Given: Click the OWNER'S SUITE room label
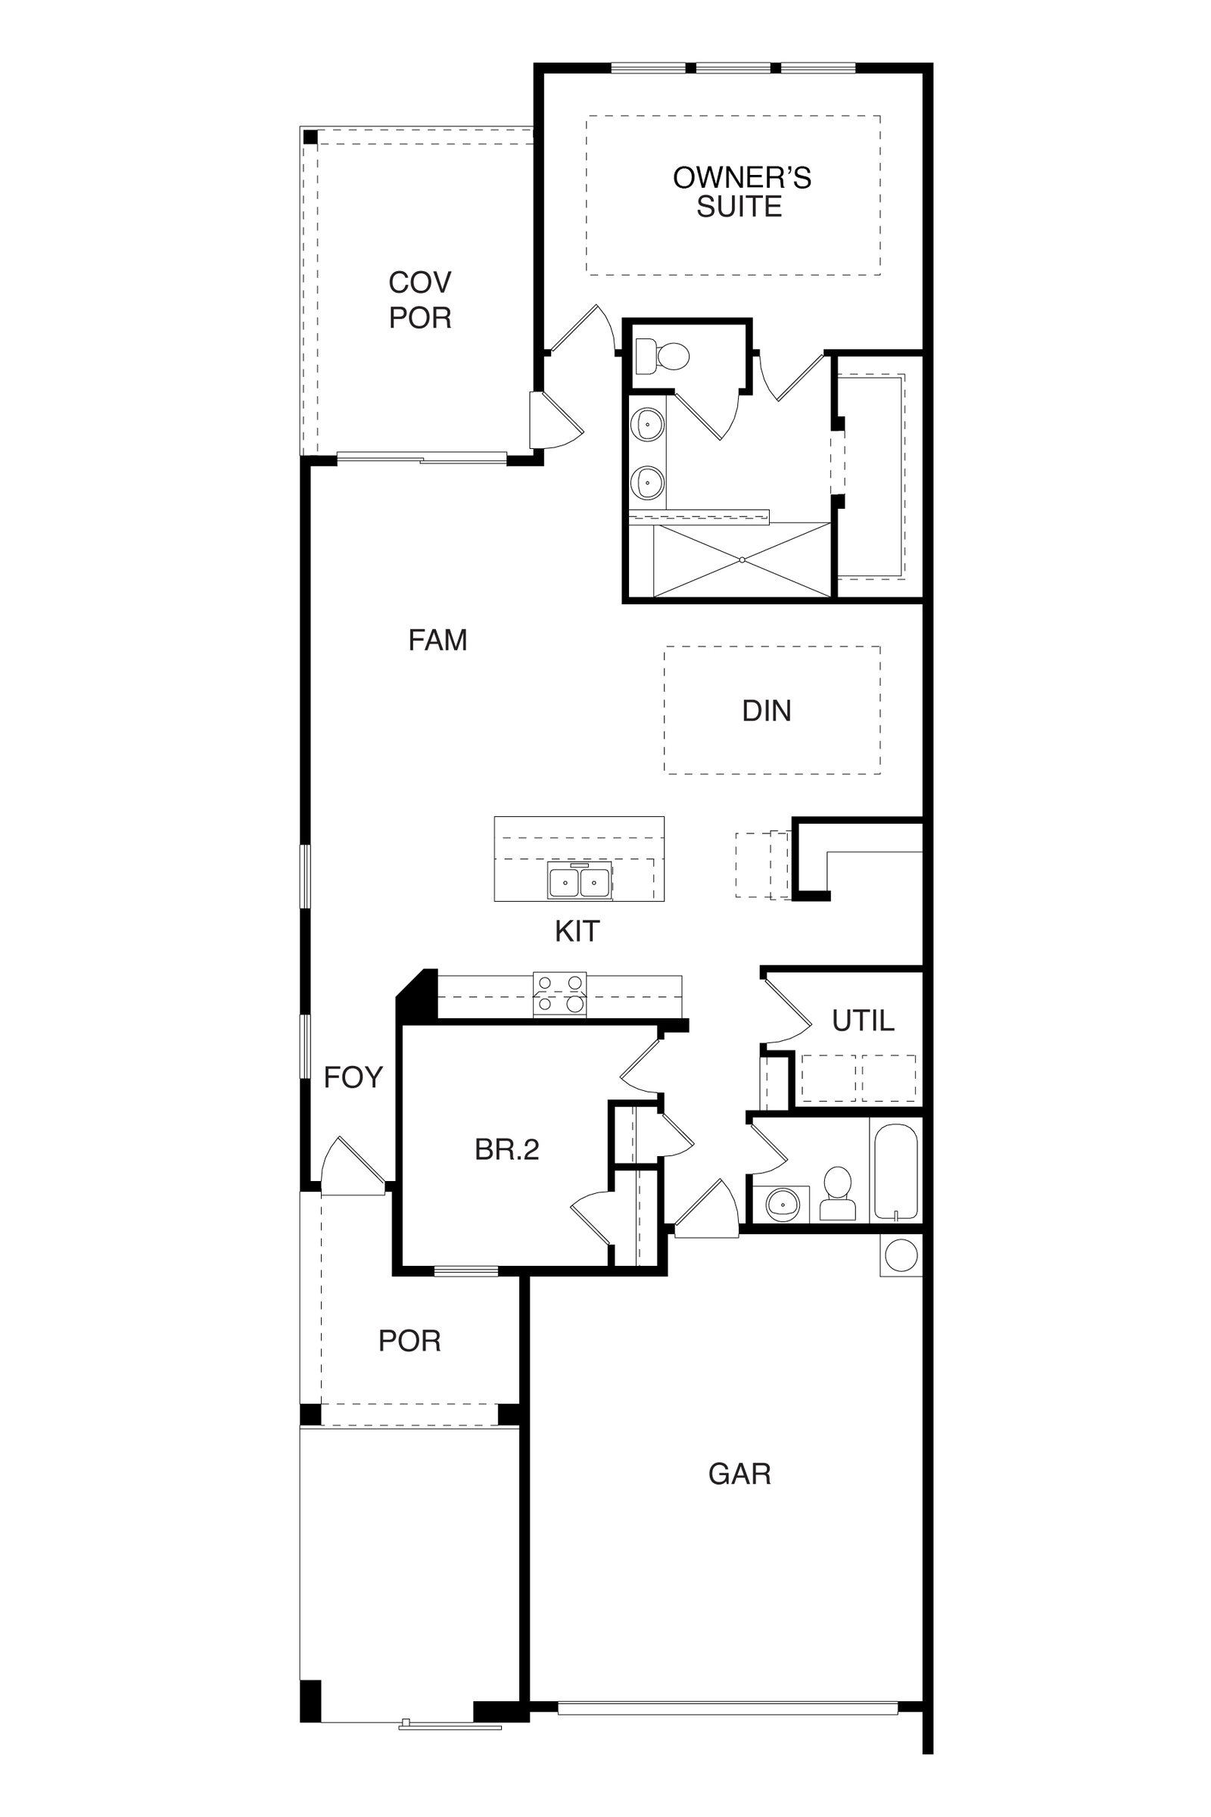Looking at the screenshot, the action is coord(742,192).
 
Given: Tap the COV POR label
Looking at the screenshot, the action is coord(419,300).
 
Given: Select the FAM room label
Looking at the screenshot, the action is coord(438,640).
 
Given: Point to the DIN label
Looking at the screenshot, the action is coord(766,711).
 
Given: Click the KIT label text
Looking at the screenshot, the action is coord(577,932).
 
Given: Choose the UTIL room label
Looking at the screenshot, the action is coord(863,1021).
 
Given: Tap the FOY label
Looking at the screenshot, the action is coord(353,1077).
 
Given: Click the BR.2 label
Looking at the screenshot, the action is coord(506,1150).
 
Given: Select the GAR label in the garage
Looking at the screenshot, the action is coord(739,1474).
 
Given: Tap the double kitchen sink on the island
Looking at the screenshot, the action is coord(580,880).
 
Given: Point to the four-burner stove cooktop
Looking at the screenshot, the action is coord(560,993).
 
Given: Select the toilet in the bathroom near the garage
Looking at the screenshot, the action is coord(837,1194).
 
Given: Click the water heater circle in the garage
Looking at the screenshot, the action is coord(901,1255).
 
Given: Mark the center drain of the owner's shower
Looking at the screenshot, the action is coord(742,559).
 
